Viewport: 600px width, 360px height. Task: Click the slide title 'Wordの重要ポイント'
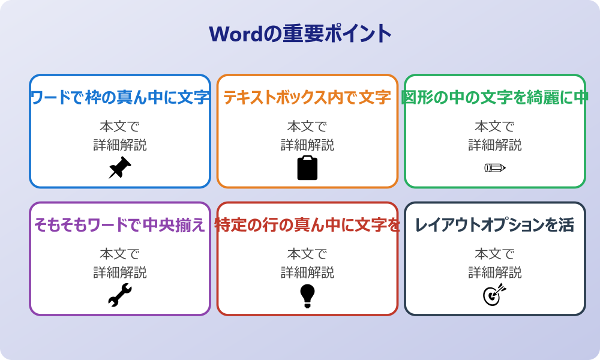[300, 34]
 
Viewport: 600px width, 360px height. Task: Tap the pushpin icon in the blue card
[120, 168]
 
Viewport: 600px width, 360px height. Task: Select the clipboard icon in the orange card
[307, 168]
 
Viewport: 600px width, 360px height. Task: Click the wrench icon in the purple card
[120, 296]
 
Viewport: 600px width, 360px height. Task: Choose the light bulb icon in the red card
[307, 296]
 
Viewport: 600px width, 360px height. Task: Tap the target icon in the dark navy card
[495, 295]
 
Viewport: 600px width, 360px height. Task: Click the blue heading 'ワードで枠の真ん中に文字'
[120, 97]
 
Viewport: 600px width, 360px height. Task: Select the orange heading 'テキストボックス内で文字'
[307, 97]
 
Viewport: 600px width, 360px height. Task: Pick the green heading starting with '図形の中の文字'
[495, 97]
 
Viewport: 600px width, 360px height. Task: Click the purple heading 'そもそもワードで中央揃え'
[120, 225]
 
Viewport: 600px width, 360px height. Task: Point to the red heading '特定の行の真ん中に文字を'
[307, 225]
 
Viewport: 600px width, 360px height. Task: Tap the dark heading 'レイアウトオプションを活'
[495, 225]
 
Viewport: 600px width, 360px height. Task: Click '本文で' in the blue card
[120, 127]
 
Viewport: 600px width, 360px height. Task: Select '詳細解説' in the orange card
[307, 145]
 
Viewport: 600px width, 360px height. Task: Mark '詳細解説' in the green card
[495, 145]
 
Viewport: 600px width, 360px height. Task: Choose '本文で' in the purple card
[120, 254]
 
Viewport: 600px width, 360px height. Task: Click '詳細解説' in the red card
[307, 273]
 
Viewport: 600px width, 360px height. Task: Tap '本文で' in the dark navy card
[495, 254]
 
